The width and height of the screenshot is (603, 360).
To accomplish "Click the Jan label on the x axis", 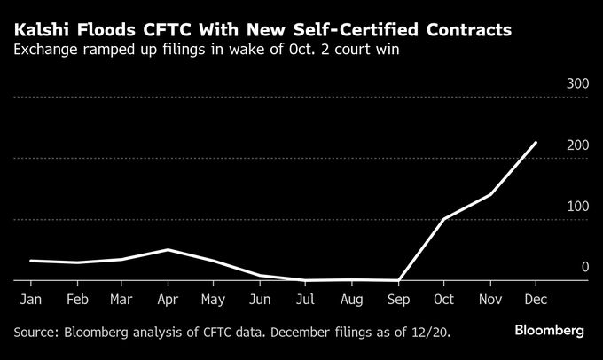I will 29,301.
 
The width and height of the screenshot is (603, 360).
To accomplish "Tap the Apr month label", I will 168,301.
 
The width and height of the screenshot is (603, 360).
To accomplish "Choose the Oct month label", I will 442,301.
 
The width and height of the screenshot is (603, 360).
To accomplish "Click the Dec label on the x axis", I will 535,301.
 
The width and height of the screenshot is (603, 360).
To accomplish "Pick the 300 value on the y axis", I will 577,83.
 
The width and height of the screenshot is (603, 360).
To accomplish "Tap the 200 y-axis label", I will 577,145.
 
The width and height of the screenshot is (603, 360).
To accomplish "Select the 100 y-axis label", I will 577,206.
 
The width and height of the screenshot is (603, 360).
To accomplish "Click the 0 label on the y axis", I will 584,267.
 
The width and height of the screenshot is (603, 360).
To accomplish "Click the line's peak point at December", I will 536,143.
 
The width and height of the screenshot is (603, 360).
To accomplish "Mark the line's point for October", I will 442,218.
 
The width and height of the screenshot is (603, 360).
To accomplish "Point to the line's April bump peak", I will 167,250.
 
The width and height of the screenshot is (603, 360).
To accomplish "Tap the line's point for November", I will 489,194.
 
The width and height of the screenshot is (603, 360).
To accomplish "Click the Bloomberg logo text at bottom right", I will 550,331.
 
